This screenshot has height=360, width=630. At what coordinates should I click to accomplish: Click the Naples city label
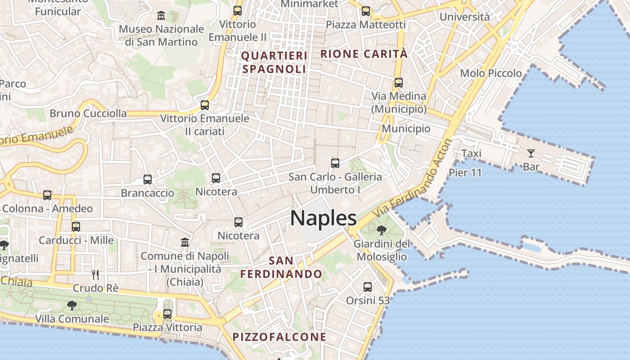(323, 218)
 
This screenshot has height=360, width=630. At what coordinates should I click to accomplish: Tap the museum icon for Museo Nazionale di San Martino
(161, 16)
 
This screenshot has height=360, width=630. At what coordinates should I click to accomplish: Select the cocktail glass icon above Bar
(531, 153)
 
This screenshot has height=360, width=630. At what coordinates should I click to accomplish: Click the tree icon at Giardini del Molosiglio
(382, 231)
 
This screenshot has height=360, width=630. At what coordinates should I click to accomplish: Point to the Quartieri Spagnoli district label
(274, 62)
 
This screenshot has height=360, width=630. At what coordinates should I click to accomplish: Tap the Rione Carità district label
(364, 54)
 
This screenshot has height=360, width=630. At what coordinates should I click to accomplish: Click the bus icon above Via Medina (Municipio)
(398, 83)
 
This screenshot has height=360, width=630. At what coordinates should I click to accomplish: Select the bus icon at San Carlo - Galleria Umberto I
(335, 163)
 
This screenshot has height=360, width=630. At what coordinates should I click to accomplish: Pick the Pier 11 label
(465, 172)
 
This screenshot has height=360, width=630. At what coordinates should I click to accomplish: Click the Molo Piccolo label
(491, 73)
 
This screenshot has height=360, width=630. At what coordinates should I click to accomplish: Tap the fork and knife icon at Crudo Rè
(95, 274)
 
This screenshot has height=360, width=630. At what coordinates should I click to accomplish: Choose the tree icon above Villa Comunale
(72, 306)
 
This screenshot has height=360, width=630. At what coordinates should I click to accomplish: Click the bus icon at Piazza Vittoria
(167, 314)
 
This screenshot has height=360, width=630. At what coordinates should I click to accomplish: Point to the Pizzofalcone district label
(279, 337)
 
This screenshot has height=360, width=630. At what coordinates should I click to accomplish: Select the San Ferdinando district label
(281, 267)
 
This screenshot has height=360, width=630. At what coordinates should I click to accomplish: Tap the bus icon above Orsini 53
(367, 287)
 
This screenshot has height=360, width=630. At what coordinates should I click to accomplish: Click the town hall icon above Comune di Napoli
(184, 243)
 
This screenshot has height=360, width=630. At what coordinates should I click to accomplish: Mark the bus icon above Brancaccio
(148, 180)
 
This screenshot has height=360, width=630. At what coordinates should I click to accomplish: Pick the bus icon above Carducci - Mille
(76, 226)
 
